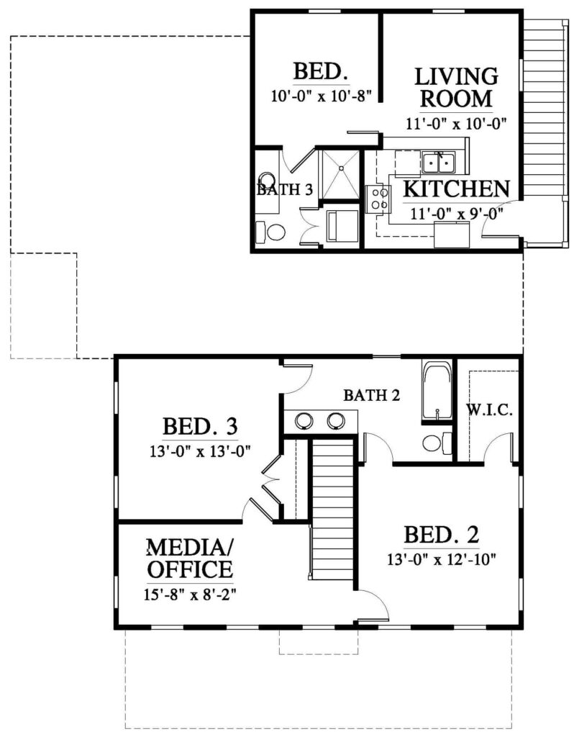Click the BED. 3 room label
[x=199, y=426]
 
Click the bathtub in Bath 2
[x=436, y=392]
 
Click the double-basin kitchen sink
[x=437, y=163]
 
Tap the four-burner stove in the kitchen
[x=378, y=199]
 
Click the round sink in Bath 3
[x=267, y=180]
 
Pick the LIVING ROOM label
[x=456, y=86]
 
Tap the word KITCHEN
[x=456, y=189]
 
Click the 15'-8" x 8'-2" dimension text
[x=191, y=594]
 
